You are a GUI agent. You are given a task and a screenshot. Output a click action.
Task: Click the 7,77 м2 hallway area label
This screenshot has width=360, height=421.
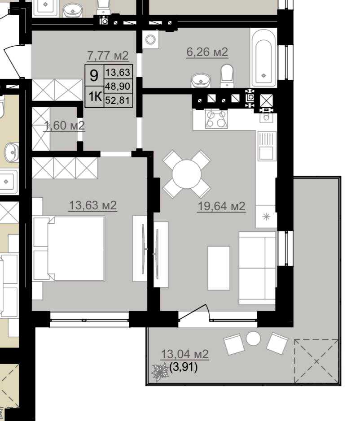point(108,55)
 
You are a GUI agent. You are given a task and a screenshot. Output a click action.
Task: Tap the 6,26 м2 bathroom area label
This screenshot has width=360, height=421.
point(207,52)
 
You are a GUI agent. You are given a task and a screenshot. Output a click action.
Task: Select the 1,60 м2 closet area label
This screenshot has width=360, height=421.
point(64,126)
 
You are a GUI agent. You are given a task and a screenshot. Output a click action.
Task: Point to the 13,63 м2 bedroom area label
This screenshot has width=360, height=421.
point(93,205)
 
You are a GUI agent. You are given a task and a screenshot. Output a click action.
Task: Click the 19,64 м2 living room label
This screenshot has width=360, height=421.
point(221,206)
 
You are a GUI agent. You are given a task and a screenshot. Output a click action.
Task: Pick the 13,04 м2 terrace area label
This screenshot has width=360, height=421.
point(184,354)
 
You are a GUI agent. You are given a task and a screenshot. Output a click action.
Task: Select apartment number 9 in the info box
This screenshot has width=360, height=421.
point(94,75)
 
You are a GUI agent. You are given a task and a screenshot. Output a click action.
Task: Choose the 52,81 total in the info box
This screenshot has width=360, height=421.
point(118,100)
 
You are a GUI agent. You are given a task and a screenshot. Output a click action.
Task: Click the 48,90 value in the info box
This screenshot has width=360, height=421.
point(118,86)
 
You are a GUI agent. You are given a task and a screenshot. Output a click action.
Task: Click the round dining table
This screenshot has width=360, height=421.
point(187,174)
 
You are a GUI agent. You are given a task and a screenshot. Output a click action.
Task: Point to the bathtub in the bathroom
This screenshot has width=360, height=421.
point(263,58)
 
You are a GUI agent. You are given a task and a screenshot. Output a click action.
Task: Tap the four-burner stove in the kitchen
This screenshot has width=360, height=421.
point(216,119)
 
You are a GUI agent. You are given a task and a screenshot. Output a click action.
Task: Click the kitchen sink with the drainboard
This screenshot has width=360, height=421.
point(267,146)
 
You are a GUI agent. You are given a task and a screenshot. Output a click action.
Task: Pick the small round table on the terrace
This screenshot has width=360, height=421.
point(253,339)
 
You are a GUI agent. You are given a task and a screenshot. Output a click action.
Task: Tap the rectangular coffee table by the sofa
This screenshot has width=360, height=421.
point(219,268)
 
